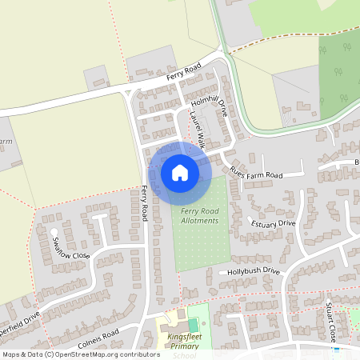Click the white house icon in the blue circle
(x=180, y=173)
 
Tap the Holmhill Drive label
(x=210, y=107)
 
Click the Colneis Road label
(x=99, y=334)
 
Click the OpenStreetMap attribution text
(x=71, y=354)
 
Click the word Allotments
(x=199, y=220)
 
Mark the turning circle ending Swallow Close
(x=54, y=233)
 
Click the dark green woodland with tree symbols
(x=338, y=76)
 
